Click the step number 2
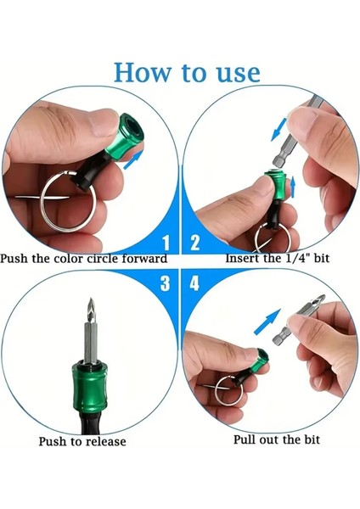coord(195,243)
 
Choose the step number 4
coord(195,283)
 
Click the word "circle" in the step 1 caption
coord(105,258)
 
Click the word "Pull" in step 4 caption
coord(245,439)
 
